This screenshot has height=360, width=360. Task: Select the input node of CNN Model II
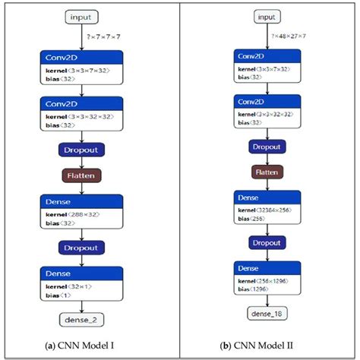[x=266, y=17]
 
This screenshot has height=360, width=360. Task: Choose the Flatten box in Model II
[x=266, y=172]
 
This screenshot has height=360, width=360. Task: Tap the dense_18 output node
[x=266, y=312]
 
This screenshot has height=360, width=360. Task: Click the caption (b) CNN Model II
[x=267, y=346]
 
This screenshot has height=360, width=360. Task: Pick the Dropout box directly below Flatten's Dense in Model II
[x=266, y=243]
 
